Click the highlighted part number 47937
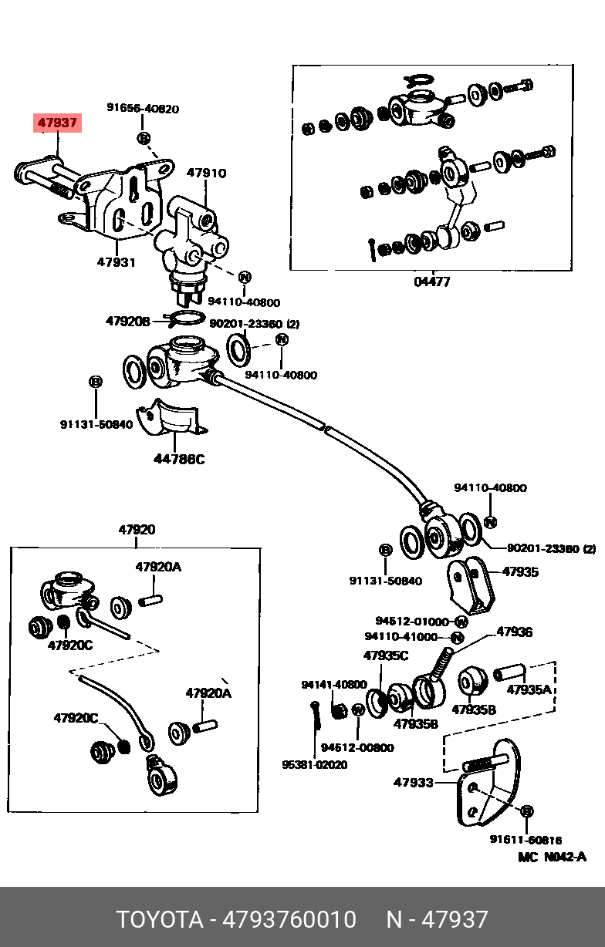58,123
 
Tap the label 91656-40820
143,108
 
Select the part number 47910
207,173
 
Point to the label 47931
117,262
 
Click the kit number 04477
432,281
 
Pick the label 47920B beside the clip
128,322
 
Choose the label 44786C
179,459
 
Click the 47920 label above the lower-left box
137,529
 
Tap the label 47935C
385,655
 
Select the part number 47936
514,632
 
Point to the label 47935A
529,689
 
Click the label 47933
414,782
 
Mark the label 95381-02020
314,764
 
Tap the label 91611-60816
526,839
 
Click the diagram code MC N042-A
552,857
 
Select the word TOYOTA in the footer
160,920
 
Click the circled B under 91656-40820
144,137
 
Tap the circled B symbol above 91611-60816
527,811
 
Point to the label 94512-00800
357,747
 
